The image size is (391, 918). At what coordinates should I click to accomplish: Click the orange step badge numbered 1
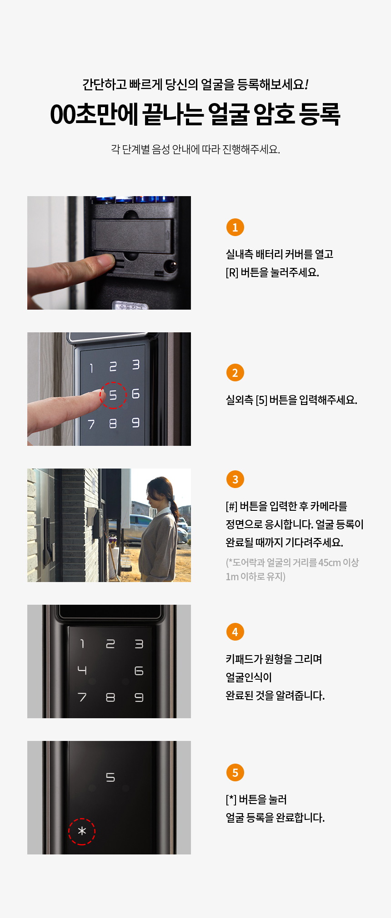235,227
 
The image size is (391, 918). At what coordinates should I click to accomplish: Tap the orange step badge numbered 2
235,373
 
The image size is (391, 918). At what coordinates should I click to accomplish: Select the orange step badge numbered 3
235,479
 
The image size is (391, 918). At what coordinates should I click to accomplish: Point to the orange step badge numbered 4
235,632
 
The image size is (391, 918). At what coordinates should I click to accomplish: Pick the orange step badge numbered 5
235,772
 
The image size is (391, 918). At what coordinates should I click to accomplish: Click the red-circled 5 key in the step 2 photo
113,395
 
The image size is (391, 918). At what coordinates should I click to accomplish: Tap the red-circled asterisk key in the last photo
82,832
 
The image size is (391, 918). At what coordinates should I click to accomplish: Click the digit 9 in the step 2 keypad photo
135,423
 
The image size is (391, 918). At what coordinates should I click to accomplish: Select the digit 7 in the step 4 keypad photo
82,697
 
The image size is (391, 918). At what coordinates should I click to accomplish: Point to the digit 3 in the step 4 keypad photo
139,644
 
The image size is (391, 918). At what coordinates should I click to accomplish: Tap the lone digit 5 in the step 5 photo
110,778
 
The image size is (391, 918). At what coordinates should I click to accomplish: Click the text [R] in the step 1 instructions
232,272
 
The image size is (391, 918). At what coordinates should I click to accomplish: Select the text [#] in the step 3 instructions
231,506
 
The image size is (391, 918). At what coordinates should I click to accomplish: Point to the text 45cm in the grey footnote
330,563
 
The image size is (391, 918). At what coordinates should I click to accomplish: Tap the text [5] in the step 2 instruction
261,400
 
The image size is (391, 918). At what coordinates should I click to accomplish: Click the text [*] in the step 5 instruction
231,800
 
